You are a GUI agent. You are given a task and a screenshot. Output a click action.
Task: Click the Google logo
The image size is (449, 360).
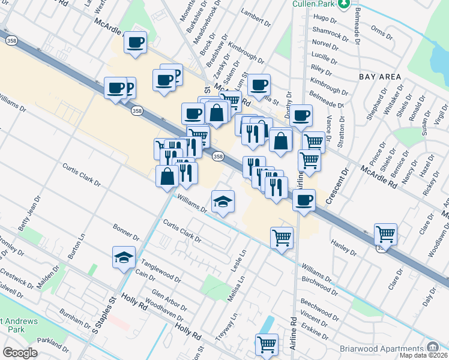pos(20,353)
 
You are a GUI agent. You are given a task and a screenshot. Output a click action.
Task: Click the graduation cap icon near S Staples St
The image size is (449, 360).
pos(124,258)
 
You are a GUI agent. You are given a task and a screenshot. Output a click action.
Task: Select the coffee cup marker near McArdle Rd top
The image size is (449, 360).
pos(136,42)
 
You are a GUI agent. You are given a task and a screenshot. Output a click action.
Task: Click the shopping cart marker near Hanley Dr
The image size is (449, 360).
pos(385,234)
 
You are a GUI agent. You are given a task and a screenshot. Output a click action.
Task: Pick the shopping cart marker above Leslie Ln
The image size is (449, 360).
pos(282,238)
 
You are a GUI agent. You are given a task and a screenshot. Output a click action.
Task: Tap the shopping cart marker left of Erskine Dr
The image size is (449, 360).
pos(267,344)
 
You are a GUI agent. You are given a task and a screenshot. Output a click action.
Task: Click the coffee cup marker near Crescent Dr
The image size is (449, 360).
pos(304,199)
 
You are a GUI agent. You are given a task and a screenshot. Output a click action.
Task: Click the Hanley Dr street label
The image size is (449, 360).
pos(343,246)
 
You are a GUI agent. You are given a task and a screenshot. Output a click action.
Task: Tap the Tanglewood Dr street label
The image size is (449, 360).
pos(160,270)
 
